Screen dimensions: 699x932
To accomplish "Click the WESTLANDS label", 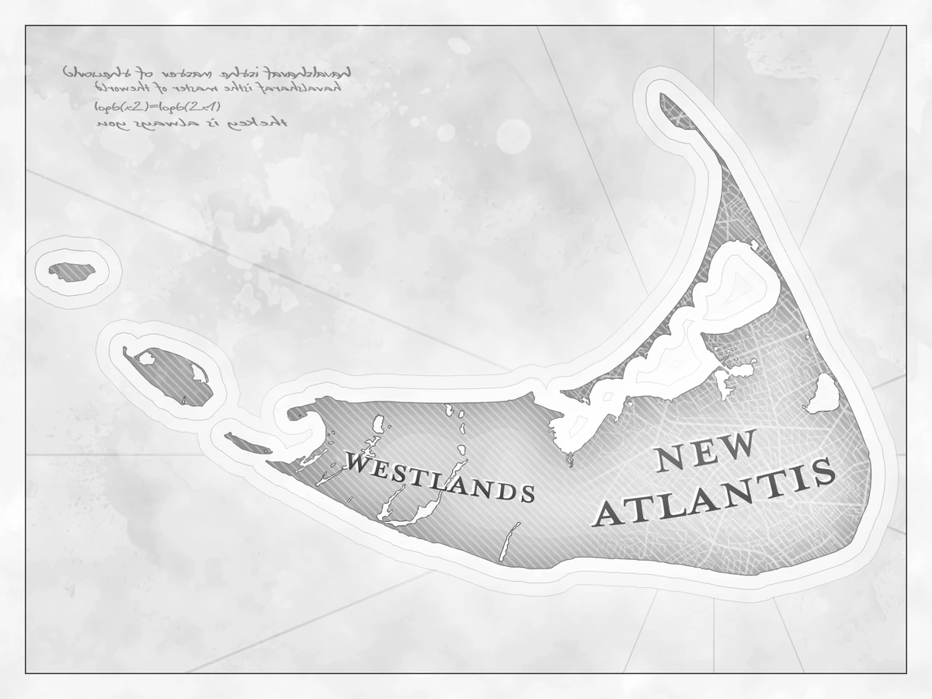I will pos(440,477).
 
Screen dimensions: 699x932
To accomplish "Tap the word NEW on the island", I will pos(706,451).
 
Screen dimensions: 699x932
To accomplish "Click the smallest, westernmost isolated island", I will pos(72,272).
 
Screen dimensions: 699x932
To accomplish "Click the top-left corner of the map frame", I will pos(26,26).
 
